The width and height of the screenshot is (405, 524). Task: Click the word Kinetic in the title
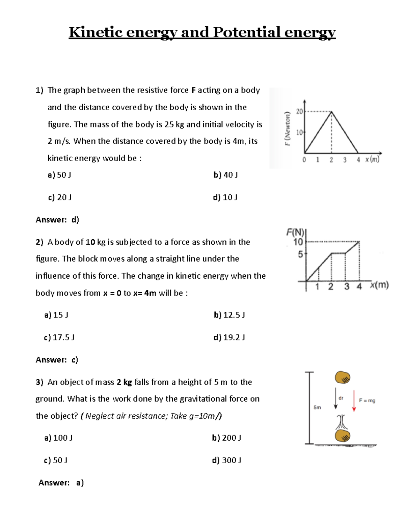coord(96,33)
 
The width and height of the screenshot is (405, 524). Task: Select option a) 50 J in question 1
coord(59,175)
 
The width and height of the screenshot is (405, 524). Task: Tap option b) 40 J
coord(225,175)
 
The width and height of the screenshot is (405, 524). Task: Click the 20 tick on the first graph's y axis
coord(299,111)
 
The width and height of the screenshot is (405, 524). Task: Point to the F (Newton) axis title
coord(287,129)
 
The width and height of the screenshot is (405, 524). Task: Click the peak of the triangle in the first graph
coord(331,112)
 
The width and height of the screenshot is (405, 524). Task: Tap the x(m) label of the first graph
coord(372,159)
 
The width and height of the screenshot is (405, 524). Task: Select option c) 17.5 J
coord(59,337)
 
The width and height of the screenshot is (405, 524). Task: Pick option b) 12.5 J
coord(229,315)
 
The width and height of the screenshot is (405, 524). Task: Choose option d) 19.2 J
coord(229,337)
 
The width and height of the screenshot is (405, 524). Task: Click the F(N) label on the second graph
coord(295,232)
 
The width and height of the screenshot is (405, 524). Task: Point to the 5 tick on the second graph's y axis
coord(300,254)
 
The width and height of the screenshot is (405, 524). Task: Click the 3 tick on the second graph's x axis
coord(347,287)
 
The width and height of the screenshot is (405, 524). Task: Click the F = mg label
coord(367,401)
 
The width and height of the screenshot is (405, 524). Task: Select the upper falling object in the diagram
coord(342,378)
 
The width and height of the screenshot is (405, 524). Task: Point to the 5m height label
coord(317,407)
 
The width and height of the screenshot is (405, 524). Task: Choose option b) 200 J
coord(226,438)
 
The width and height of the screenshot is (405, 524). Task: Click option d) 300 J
coord(226,460)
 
